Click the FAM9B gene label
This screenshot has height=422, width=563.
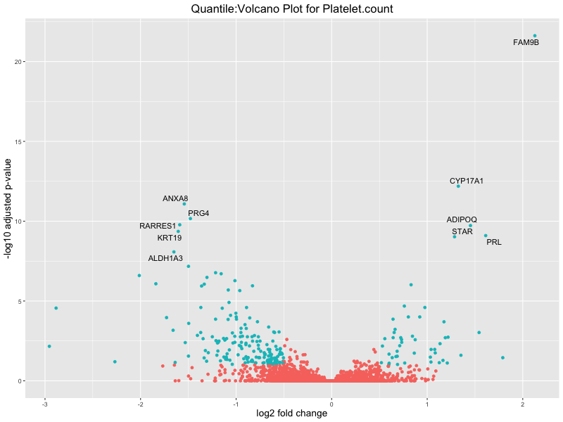click(x=526, y=43)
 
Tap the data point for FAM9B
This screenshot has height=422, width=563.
click(x=535, y=36)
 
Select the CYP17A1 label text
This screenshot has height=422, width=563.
click(x=467, y=181)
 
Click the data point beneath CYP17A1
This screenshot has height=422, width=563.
click(x=458, y=186)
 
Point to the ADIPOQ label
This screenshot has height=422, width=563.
click(x=462, y=220)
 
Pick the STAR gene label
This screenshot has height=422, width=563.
click(x=462, y=231)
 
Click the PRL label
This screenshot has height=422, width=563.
click(x=494, y=243)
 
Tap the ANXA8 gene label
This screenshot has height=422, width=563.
click(x=175, y=198)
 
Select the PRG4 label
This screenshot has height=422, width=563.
click(x=198, y=213)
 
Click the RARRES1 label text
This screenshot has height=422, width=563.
click(x=158, y=226)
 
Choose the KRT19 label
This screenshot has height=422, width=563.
click(x=170, y=238)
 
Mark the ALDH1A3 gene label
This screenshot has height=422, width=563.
click(x=165, y=258)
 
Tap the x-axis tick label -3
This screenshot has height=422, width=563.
click(x=45, y=404)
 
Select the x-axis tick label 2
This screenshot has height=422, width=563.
click(x=523, y=404)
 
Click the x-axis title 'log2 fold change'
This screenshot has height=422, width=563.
click(x=291, y=414)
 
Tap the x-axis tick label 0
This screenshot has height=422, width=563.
click(x=331, y=404)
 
